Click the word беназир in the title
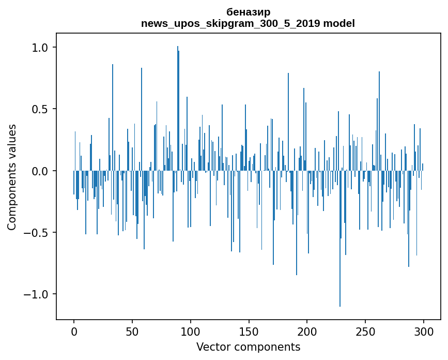[248, 12]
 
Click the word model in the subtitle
[339, 23]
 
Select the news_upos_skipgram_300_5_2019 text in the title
[231, 24]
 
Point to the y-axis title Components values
[12, 177]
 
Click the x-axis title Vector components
[248, 347]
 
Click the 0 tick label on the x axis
[74, 332]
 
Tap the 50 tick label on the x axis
[132, 332]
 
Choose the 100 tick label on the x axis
[190, 332]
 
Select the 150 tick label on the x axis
[249, 332]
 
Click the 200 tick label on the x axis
[307, 332]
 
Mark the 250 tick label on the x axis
[365, 332]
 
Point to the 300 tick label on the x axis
[423, 332]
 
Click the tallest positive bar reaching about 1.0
[178, 109]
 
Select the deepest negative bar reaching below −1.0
[339, 238]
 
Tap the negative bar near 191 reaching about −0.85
[297, 223]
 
